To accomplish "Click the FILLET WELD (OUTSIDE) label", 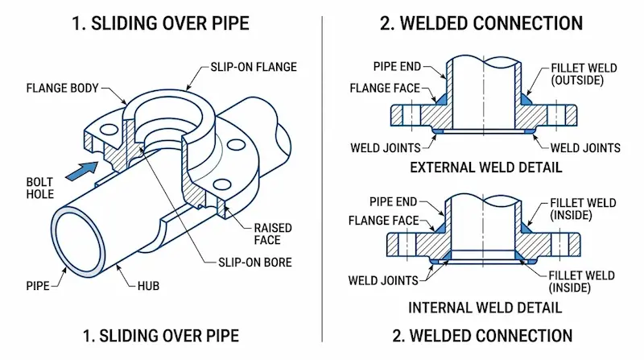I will coord(583,75).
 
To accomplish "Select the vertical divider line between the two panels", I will coord(323,177).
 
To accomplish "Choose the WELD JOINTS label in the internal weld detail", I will coord(383,281).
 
